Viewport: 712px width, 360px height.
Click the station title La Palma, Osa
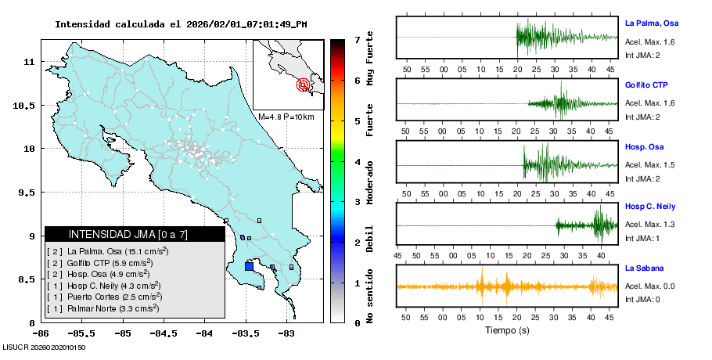click(651, 23)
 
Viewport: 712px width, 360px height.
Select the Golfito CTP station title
click(646, 85)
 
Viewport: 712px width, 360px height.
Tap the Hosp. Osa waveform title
click(644, 146)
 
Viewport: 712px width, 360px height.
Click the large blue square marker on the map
click(249, 266)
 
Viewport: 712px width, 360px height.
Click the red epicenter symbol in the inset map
click(303, 85)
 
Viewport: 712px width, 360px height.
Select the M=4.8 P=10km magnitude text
click(286, 117)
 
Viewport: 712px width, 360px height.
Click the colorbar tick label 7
click(357, 39)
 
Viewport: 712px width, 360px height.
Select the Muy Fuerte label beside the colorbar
click(370, 60)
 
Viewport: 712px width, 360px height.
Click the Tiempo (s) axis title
click(507, 330)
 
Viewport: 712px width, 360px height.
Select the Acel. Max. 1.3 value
click(649, 225)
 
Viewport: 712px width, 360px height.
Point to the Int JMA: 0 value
click(642, 299)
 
